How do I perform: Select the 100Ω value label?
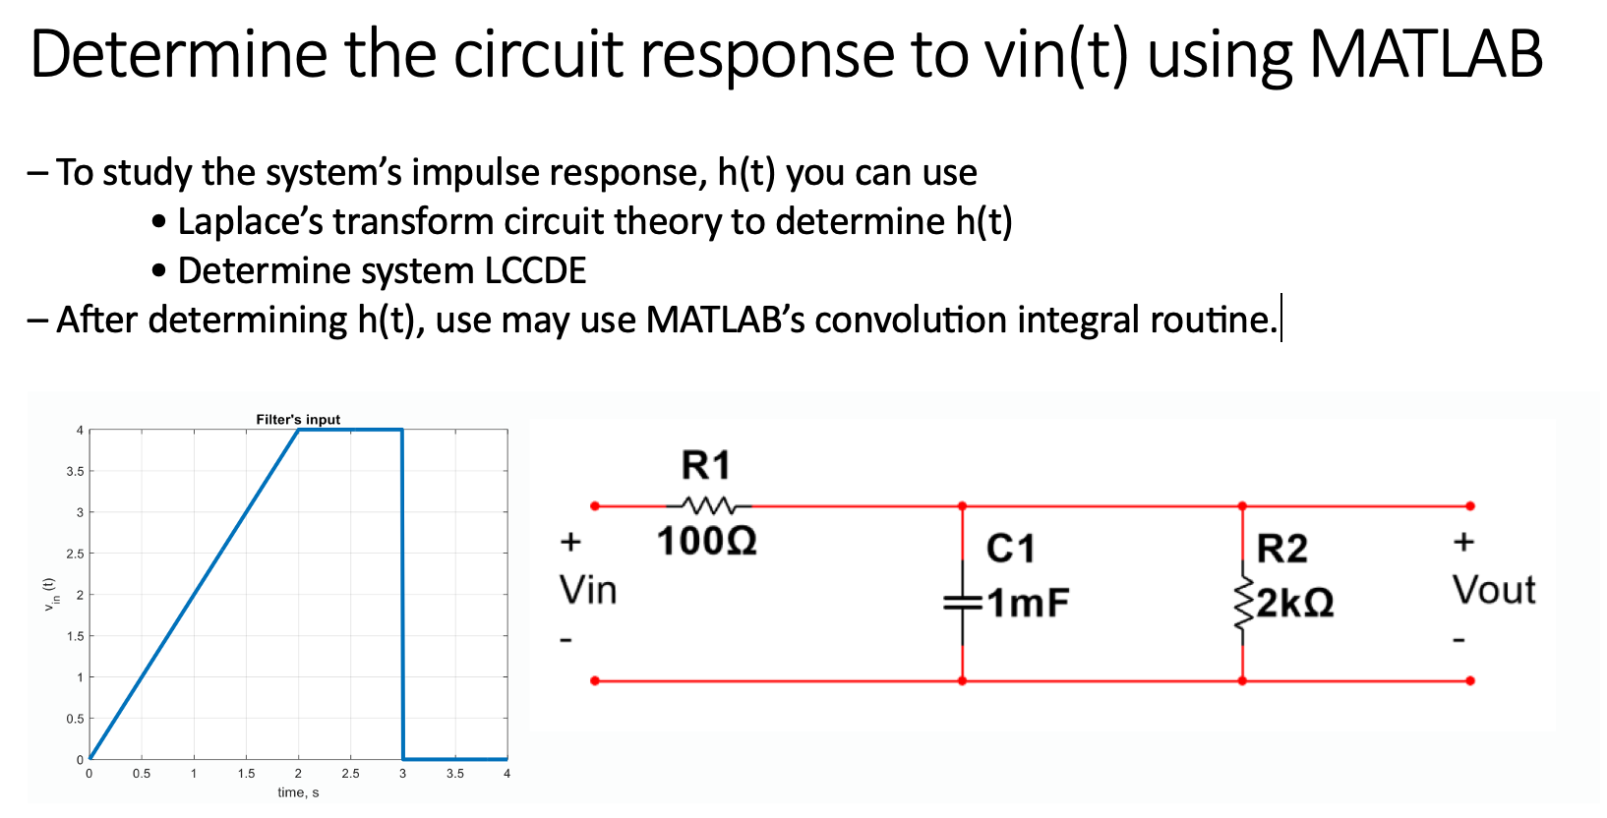[706, 541]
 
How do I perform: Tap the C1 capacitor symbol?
[962, 602]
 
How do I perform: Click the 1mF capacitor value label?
[1028, 603]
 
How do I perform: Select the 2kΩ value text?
[1295, 603]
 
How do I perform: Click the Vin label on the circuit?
[588, 591]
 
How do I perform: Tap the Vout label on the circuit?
[1494, 591]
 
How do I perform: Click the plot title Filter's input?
[298, 420]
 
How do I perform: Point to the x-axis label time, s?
[298, 792]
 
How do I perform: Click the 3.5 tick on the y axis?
[75, 471]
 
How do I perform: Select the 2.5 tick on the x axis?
[350, 774]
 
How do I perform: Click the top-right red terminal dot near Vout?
[1470, 506]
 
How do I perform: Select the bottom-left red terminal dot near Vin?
[595, 680]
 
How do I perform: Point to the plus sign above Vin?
[571, 542]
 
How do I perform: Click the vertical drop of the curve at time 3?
[402, 590]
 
